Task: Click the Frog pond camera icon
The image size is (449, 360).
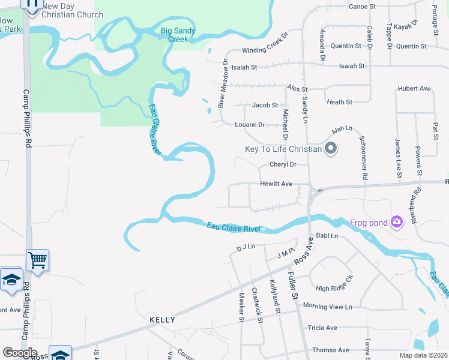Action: coord(396,223)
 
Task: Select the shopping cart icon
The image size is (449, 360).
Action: coord(37,260)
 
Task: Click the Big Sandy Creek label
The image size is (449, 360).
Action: coord(174,35)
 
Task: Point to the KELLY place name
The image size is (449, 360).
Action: coord(162,320)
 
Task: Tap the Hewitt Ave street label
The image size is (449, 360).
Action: coord(276,184)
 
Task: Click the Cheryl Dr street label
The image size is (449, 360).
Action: coord(283,164)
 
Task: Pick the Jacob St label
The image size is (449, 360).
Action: coord(265,105)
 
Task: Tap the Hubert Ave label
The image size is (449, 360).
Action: coord(414,89)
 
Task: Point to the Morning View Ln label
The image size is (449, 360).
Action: coord(327,307)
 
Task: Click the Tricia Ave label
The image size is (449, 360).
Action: coord(322,328)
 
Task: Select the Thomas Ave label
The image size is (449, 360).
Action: coord(330,350)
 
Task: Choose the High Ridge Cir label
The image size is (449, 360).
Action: coord(335,284)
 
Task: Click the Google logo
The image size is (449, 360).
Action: coord(20,353)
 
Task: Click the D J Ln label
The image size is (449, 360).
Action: coord(246,247)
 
